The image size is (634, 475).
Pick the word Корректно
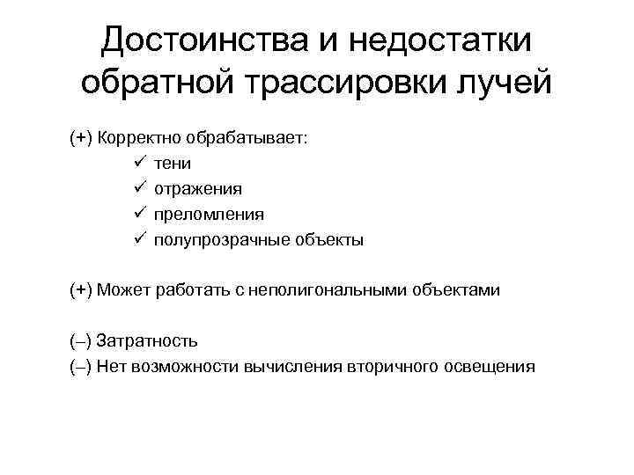click(136, 138)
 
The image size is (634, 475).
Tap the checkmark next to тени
click(142, 163)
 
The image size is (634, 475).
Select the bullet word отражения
click(198, 188)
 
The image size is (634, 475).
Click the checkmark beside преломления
click(142, 214)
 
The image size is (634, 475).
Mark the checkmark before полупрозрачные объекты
click(142, 239)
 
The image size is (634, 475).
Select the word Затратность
click(146, 340)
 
